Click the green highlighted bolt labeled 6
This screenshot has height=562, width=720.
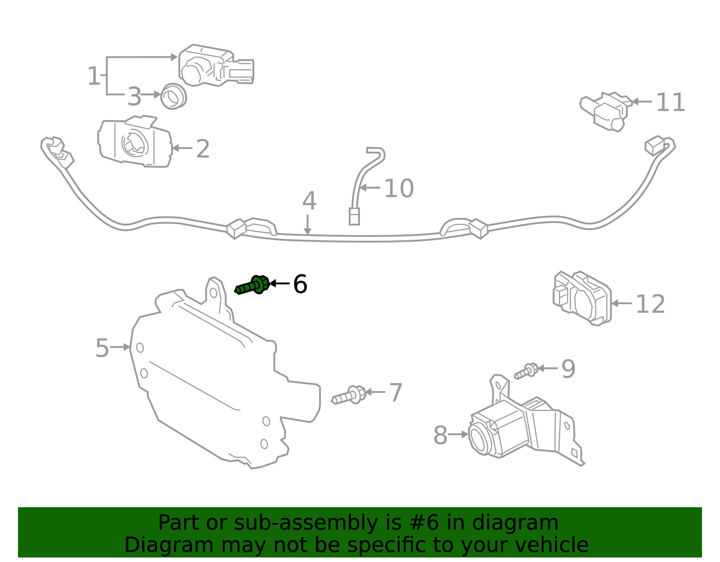click(253, 285)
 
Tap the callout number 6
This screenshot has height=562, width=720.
click(300, 284)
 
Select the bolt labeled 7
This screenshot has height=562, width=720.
click(349, 396)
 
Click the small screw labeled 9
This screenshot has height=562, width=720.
click(526, 371)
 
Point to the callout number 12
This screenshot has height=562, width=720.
click(650, 305)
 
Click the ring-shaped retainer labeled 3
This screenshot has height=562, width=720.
click(173, 96)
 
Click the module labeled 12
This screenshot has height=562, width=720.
click(582, 298)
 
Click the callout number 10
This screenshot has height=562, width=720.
click(399, 189)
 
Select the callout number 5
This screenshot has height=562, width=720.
click(102, 348)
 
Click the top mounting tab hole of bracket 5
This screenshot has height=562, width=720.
click(213, 293)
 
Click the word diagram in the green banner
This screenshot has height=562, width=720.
click(524, 523)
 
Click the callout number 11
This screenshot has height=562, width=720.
click(670, 103)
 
